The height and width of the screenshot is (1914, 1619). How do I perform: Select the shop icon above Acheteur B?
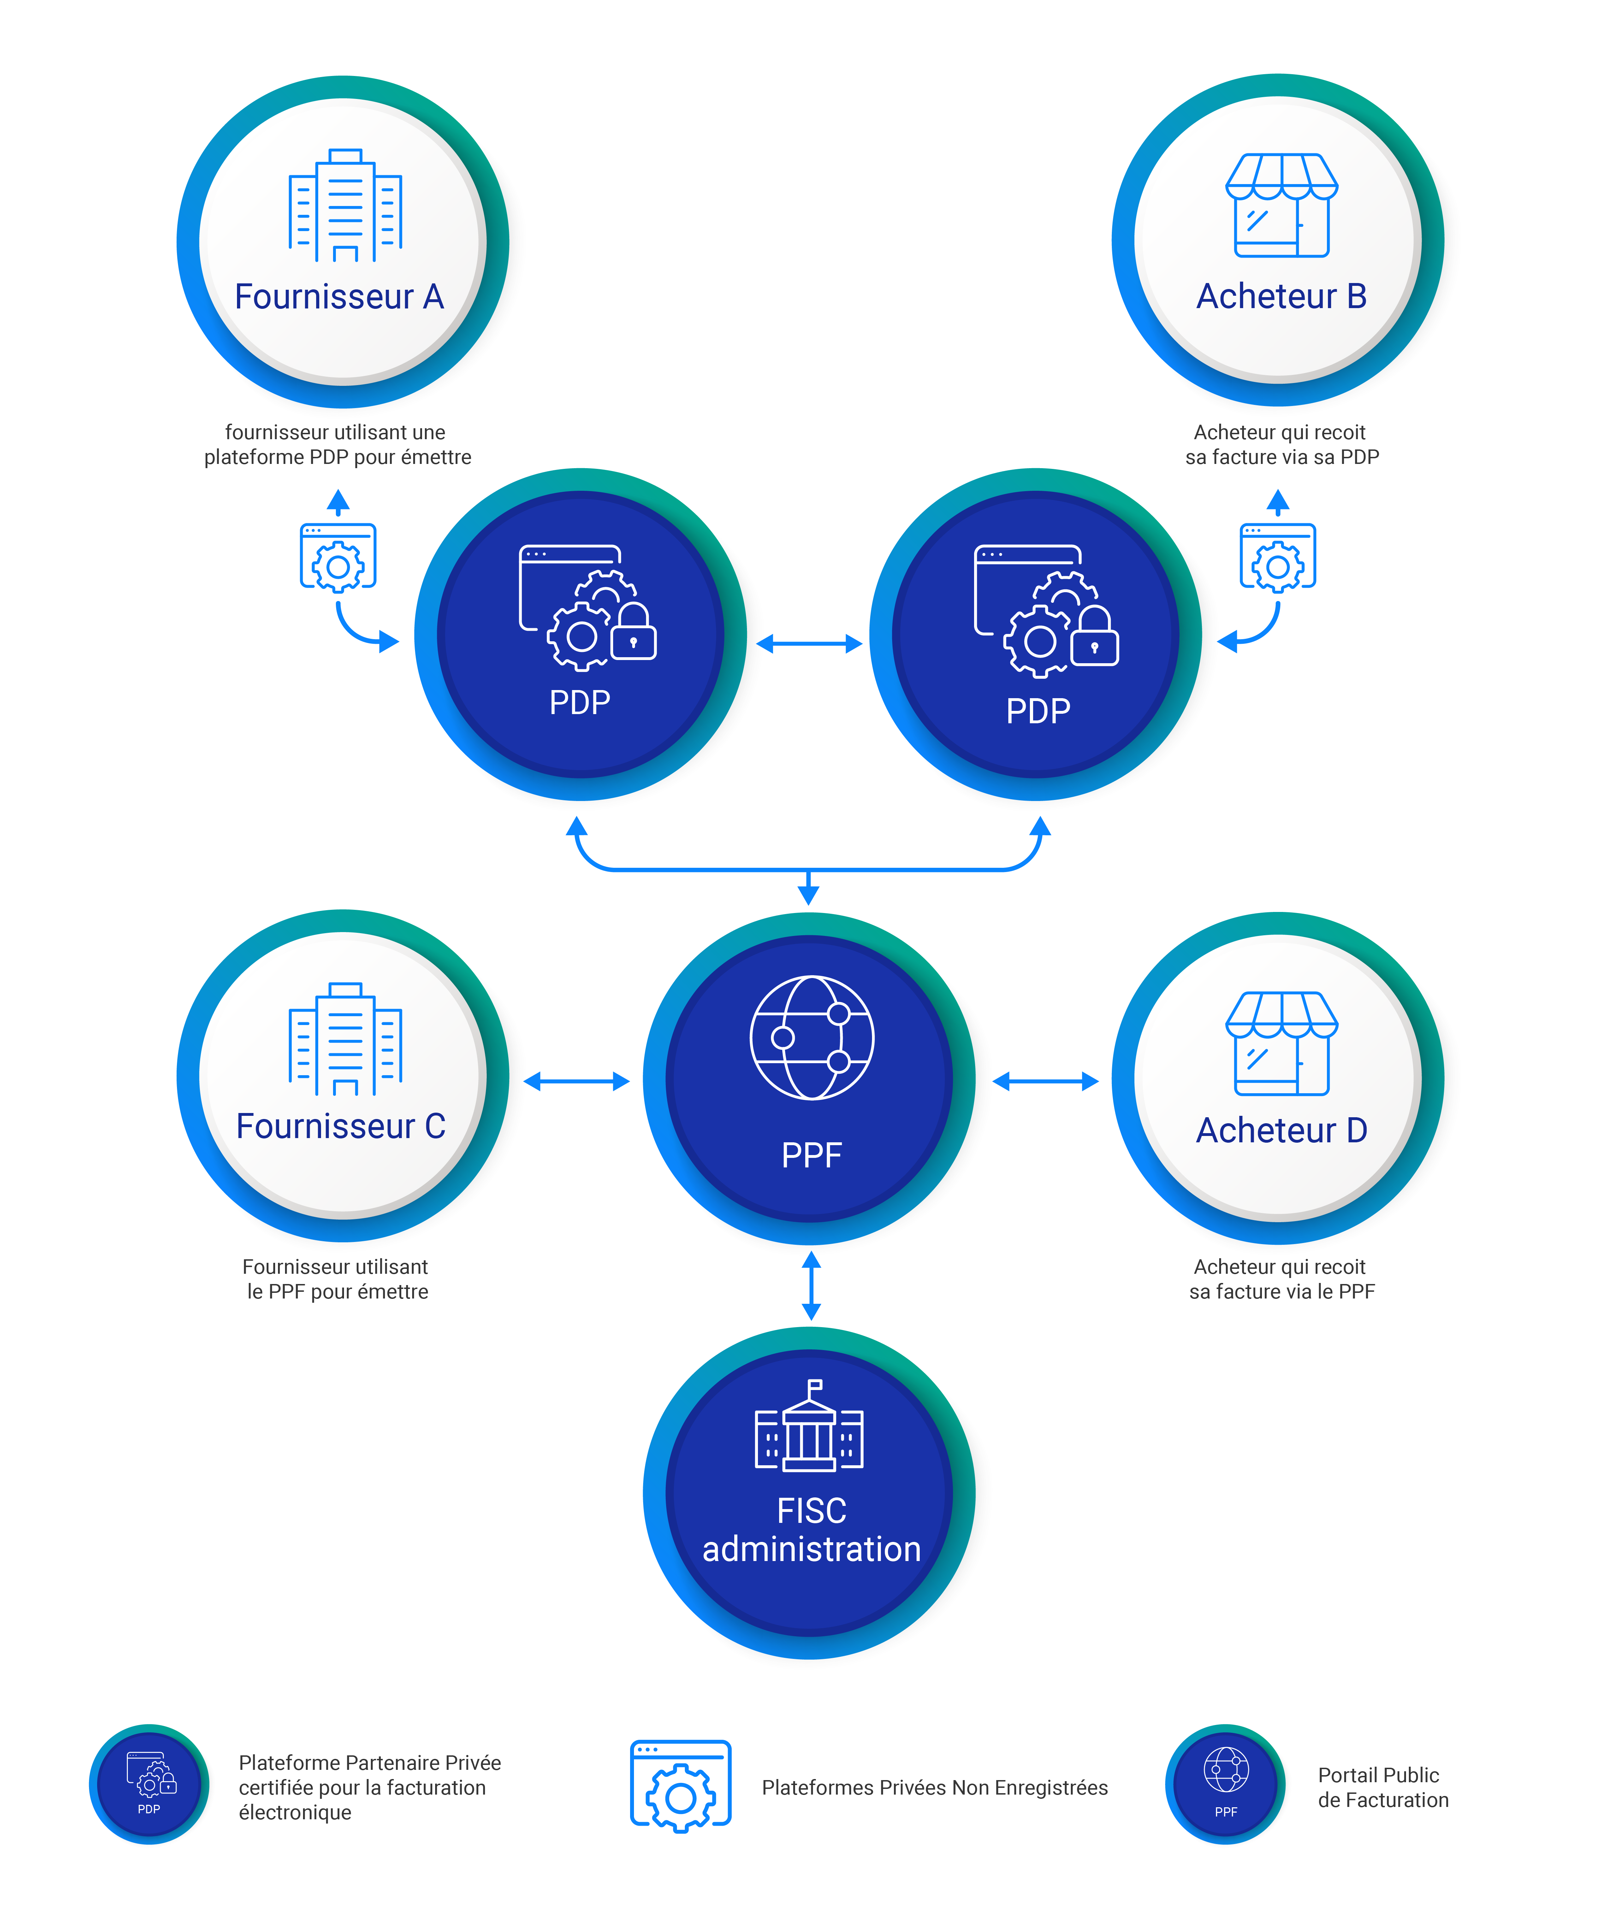(1281, 205)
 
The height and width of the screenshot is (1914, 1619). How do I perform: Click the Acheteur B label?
(1281, 296)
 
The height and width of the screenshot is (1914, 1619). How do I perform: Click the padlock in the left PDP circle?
(633, 631)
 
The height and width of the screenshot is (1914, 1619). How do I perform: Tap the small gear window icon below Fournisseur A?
(338, 556)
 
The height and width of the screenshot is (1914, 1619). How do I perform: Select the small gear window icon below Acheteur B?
(1277, 556)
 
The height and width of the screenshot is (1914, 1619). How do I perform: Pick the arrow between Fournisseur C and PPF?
(576, 1082)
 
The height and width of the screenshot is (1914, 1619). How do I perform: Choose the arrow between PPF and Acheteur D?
(1045, 1082)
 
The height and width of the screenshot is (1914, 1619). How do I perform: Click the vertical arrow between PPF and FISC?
(811, 1285)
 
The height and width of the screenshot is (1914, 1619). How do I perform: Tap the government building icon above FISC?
(808, 1425)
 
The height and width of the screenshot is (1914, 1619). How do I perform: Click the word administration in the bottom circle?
(811, 1550)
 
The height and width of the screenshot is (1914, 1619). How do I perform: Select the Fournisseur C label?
(340, 1126)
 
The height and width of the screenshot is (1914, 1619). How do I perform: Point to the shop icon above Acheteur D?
(1281, 1043)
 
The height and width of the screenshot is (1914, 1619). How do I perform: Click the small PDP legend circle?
(149, 1784)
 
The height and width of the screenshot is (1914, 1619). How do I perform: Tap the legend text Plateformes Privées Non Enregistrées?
(934, 1787)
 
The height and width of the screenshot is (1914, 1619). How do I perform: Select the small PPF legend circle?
(1225, 1784)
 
